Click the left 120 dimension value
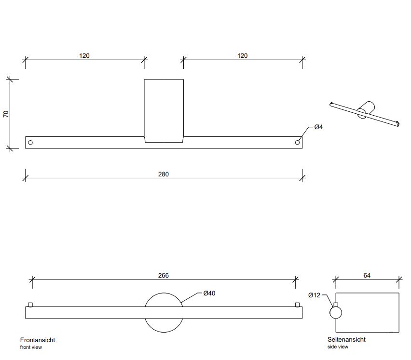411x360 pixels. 84,56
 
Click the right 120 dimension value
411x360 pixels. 243,56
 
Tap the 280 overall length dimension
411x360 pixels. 164,174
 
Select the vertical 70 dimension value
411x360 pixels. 6,114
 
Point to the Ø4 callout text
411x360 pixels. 318,127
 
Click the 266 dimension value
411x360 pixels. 164,276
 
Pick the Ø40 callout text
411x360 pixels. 209,293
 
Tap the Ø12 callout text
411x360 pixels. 314,295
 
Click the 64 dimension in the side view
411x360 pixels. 367,276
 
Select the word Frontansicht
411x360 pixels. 38,340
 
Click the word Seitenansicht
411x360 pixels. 346,340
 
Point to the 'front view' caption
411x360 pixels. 30,347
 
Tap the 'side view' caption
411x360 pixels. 338,347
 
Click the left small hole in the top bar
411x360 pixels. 31,143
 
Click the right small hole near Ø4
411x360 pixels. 297,143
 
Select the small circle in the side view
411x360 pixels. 336,313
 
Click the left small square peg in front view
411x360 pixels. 31,305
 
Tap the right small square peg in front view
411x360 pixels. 297,305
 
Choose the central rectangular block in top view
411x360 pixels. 164,110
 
